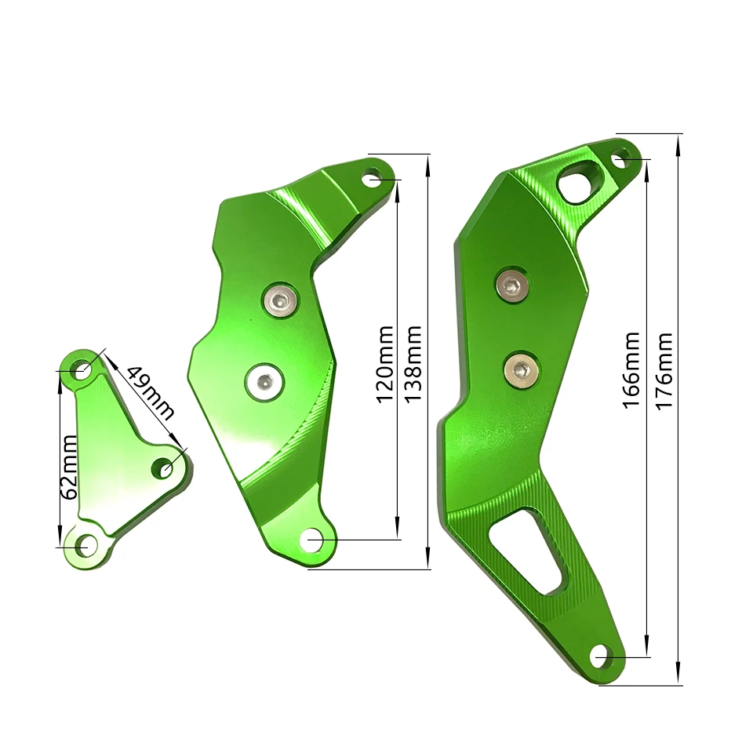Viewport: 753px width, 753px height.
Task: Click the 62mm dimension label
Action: [x=70, y=467]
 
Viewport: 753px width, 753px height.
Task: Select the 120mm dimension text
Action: [x=385, y=364]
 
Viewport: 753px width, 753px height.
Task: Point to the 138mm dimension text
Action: [x=413, y=364]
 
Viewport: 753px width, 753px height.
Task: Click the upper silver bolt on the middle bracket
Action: [x=281, y=301]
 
